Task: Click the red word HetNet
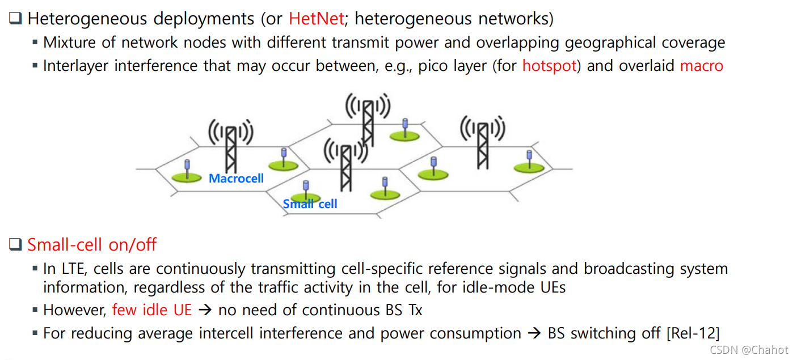point(316,19)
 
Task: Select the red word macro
point(702,66)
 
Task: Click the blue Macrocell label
point(237,179)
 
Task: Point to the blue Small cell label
point(310,204)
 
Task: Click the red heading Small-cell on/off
point(92,245)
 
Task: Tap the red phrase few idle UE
point(152,310)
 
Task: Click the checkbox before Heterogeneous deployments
point(15,18)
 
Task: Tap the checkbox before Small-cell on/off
point(15,245)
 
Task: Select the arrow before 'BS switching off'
point(534,333)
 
